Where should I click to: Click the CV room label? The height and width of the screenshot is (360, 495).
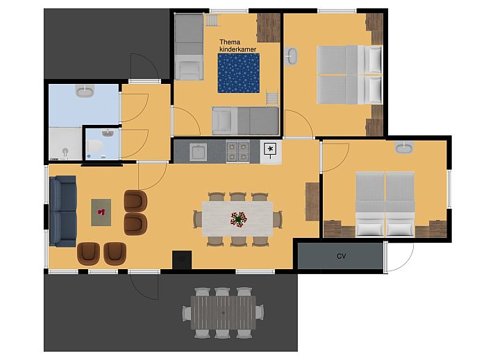click(x=342, y=256)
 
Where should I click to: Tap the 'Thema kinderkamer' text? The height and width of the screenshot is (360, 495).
click(x=237, y=46)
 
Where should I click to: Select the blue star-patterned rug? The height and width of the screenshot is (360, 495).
click(x=239, y=74)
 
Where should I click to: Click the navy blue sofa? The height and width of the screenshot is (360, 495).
click(x=63, y=211)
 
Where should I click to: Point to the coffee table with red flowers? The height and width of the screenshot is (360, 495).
click(x=101, y=212)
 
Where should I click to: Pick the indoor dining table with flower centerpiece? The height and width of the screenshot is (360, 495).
click(x=237, y=218)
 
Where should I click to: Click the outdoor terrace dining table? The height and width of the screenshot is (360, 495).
click(x=223, y=312)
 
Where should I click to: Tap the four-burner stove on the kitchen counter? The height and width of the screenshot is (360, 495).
click(x=237, y=152)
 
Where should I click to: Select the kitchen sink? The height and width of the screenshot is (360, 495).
click(x=199, y=152)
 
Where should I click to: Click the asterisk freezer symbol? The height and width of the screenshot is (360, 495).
click(x=270, y=148)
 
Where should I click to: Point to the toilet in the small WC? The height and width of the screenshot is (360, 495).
click(x=94, y=147)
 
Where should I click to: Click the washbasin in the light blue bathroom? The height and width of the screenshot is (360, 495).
click(x=85, y=91)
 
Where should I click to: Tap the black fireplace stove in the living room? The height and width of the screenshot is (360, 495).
click(x=182, y=259)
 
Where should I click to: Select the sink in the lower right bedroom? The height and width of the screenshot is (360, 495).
click(x=404, y=147)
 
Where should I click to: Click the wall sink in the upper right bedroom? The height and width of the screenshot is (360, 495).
click(x=291, y=56)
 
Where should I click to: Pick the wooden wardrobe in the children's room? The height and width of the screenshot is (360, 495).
click(x=269, y=28)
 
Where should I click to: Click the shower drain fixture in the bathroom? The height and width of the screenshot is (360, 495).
click(x=65, y=152)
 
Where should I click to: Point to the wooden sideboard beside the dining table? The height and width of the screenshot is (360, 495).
click(x=312, y=202)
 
